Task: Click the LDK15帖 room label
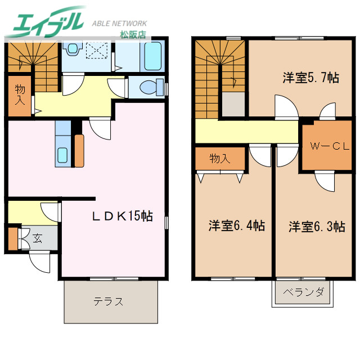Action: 123,215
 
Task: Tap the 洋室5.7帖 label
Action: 310,78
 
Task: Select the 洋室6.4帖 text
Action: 237,226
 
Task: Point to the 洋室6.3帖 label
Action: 317,227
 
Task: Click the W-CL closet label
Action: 328,146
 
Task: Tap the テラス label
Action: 109,301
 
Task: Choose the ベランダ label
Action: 303,292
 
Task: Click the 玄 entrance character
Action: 37,238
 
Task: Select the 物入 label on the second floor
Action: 220,159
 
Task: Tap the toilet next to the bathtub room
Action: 149,88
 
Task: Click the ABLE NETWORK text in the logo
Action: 119,24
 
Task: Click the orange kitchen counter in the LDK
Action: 79,150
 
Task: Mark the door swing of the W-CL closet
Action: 325,181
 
